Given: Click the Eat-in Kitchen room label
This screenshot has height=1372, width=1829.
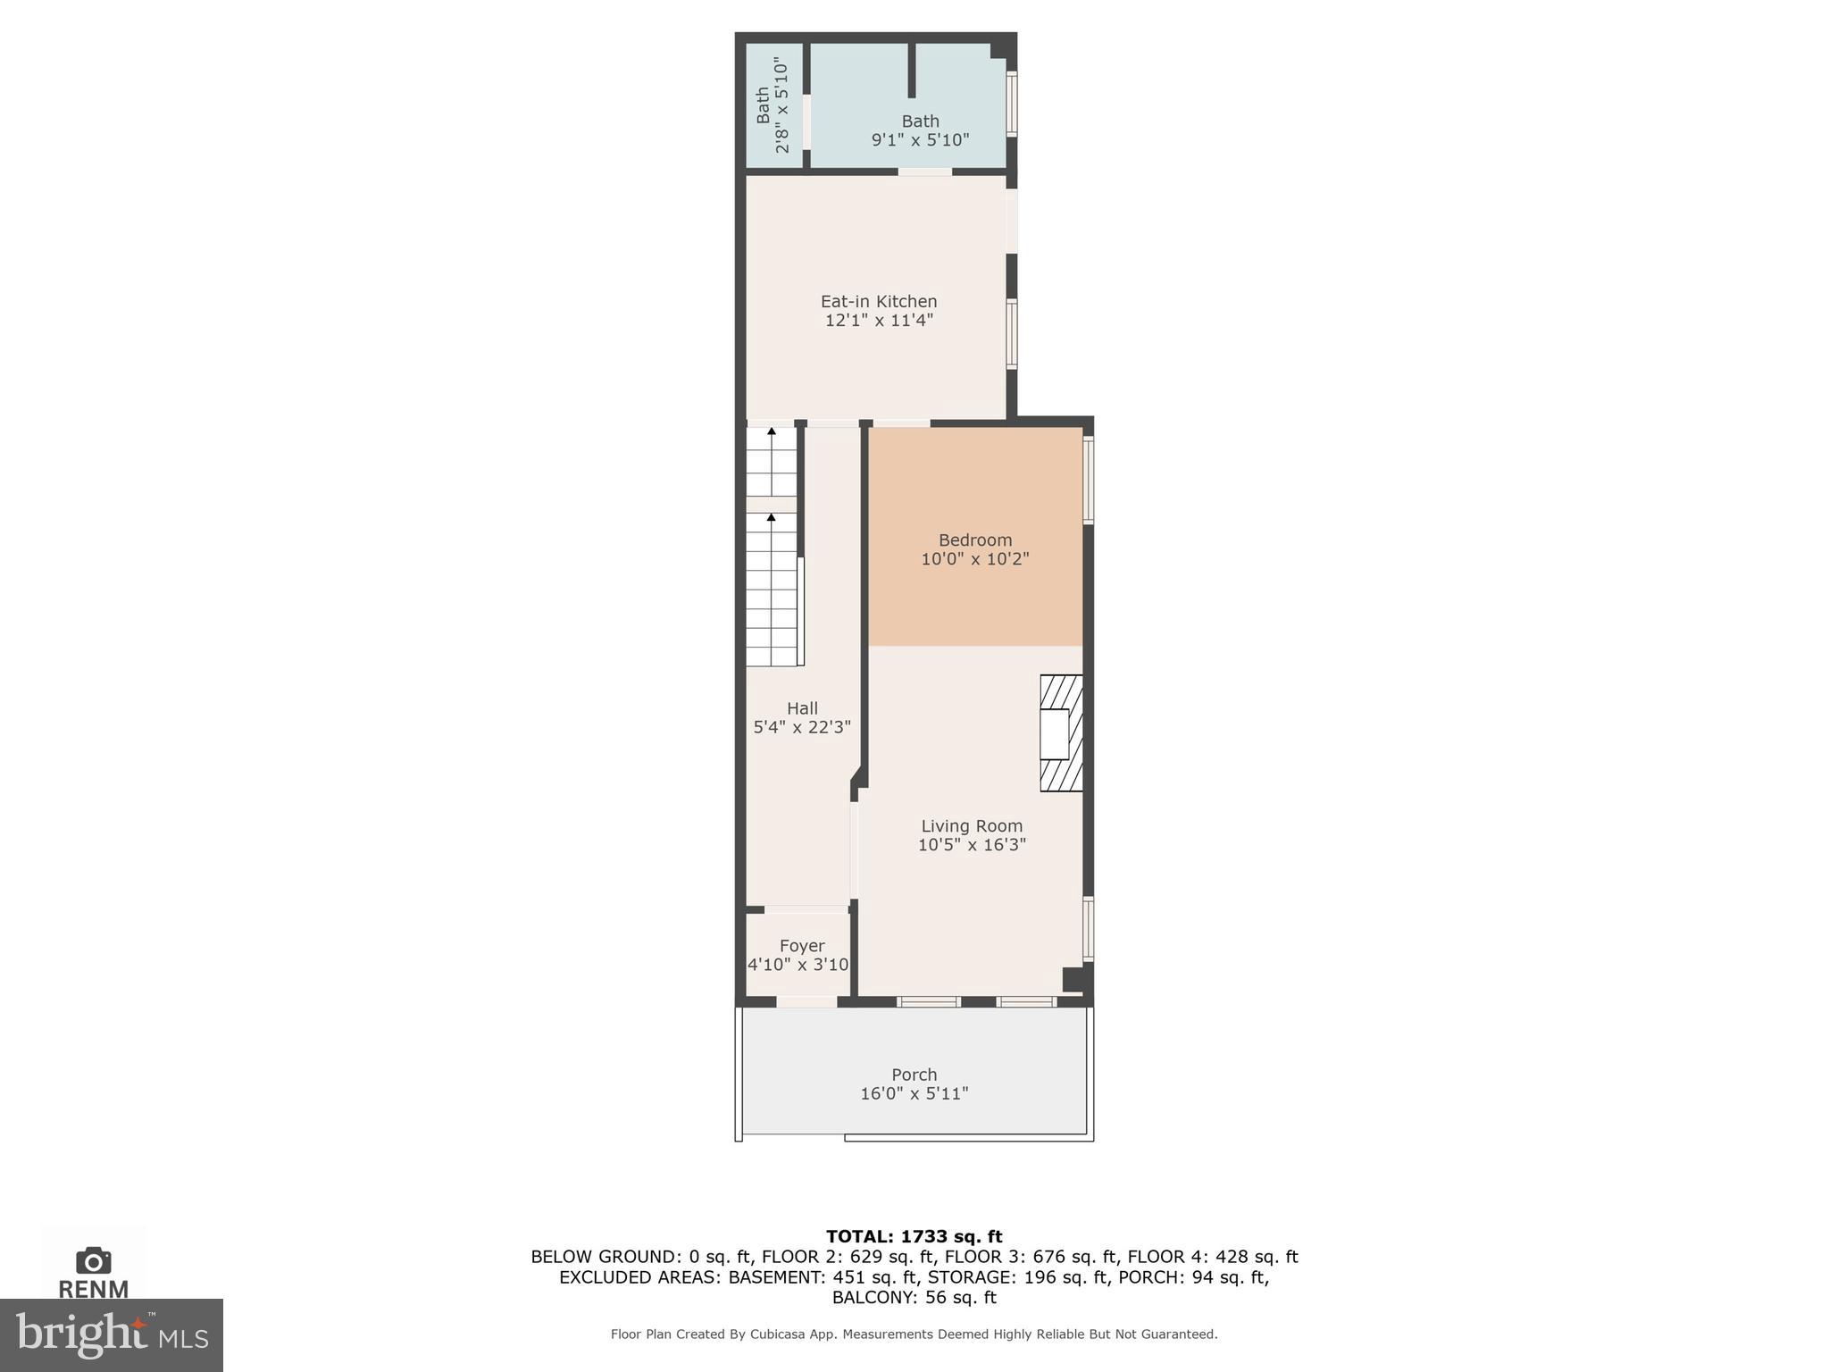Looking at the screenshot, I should pos(879,302).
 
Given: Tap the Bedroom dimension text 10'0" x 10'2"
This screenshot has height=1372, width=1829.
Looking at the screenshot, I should pos(974,559).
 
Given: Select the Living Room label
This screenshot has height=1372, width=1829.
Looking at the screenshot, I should pos(972,826).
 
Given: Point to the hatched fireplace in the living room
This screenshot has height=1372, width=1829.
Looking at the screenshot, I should pos(1061,732).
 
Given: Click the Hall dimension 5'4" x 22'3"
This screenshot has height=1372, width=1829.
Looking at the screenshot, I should pos(802,727).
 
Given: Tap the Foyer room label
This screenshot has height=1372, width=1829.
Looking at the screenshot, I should pos(801,945).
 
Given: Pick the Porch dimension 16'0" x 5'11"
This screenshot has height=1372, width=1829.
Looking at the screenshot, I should pos(914,1093).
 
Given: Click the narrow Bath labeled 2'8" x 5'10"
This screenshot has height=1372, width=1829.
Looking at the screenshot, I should pos(773,105).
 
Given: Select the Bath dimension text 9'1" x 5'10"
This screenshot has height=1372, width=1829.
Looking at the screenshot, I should pos(920,140).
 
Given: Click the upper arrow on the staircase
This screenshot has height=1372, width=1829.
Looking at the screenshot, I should pos(772,432).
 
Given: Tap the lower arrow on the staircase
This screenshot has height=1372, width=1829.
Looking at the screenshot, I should pos(772,517).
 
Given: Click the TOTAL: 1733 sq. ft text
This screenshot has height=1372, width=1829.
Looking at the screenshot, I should pos(914,1236).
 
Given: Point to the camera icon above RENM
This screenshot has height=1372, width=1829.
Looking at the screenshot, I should pos(93,1260).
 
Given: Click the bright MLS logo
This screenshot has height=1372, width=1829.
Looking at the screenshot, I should pos(111,1334).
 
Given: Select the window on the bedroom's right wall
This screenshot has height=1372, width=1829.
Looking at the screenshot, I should pos(1089,479).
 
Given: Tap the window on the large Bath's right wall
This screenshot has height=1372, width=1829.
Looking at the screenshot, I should pos(1012,104).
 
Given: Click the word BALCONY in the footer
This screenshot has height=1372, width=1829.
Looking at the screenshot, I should pos(869,1297).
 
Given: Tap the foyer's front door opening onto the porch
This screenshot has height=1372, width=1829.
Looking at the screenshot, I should pos(806,1002).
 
